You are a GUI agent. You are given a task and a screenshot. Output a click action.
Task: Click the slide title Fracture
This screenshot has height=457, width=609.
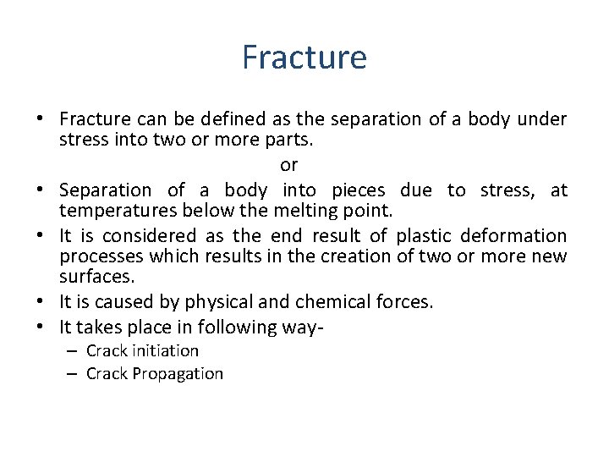pos(304,58)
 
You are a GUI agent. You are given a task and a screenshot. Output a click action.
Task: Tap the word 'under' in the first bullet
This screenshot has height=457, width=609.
pos(541,119)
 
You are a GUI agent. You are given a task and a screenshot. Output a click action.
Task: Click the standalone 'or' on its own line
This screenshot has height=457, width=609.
pos(288,164)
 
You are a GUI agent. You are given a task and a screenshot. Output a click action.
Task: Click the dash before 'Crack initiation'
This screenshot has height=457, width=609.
pos(71,351)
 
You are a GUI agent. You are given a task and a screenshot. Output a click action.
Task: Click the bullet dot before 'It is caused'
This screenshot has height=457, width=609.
pos(41,302)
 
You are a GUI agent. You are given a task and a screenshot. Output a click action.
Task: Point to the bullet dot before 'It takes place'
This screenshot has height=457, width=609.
pos(41,328)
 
